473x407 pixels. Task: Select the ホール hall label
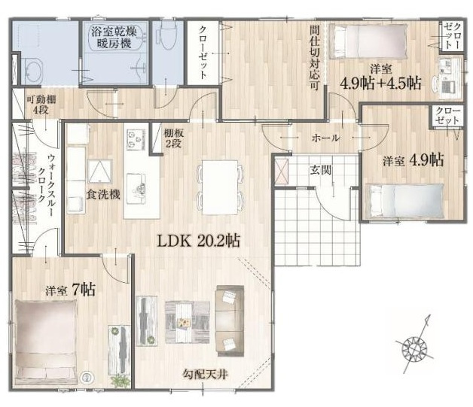click(325, 138)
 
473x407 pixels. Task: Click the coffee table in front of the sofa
click(185, 319)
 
